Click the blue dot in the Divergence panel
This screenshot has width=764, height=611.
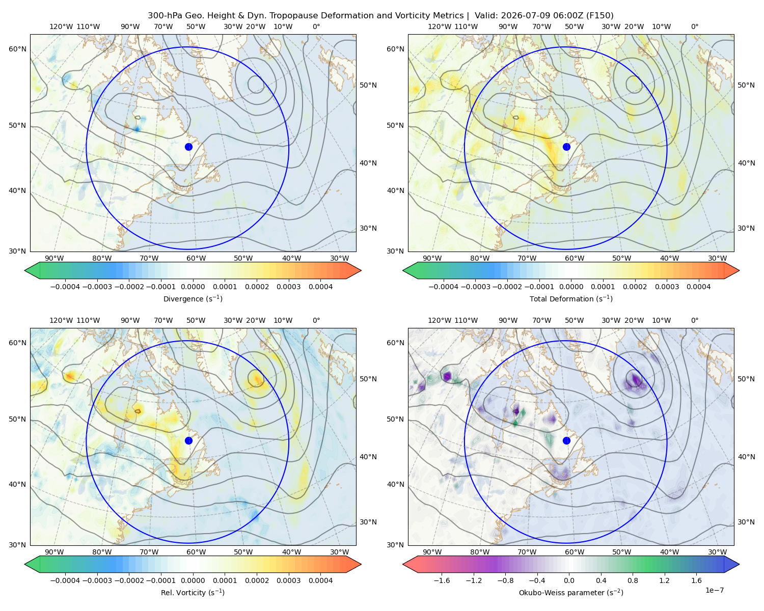point(188,147)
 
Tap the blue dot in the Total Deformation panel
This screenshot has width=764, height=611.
point(566,147)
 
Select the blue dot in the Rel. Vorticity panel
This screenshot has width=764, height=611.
point(188,440)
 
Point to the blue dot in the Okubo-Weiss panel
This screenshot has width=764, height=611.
point(566,440)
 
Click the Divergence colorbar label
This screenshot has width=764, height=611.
point(193,299)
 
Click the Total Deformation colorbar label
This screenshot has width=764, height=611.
point(571,299)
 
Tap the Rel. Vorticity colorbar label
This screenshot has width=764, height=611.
point(193,593)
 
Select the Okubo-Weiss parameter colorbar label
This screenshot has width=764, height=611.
point(571,593)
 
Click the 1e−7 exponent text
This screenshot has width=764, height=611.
point(714,590)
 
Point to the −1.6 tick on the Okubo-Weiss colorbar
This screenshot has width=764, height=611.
point(442,580)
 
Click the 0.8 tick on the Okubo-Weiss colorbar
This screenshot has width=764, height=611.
point(633,580)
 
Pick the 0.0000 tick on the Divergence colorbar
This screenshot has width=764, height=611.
point(193,287)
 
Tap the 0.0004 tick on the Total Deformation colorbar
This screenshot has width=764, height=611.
point(698,287)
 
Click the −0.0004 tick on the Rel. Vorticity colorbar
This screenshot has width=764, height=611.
point(65,580)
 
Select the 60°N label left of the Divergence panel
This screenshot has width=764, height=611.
point(17,49)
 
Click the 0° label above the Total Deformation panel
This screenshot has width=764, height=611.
point(694,26)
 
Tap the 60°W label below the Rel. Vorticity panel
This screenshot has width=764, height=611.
point(196,552)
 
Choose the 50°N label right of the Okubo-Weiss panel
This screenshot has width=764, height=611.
point(746,379)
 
